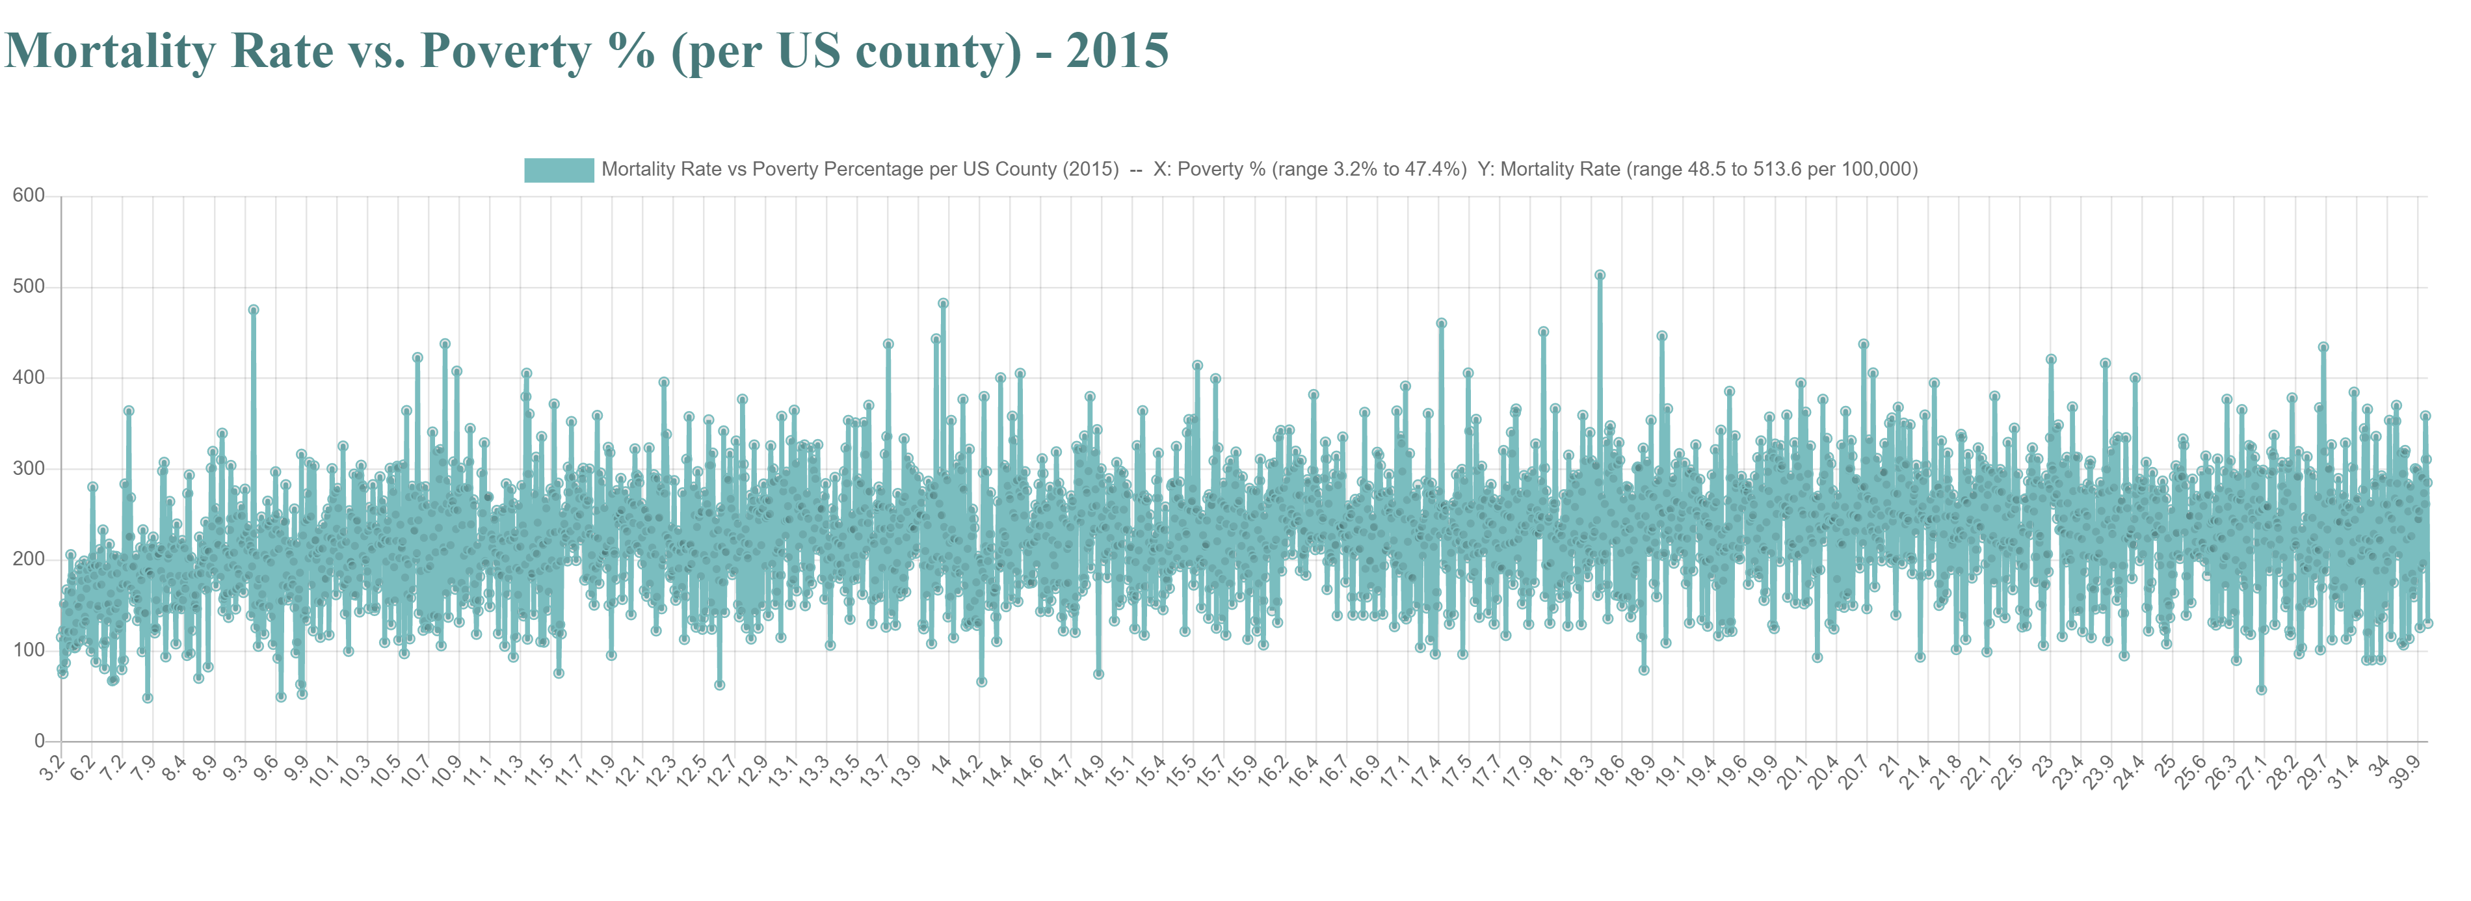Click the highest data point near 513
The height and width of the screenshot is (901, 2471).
point(1599,275)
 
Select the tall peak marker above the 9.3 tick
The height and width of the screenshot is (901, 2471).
point(253,310)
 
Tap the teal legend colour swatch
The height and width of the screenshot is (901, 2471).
point(559,170)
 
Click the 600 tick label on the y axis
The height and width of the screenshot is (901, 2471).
point(29,196)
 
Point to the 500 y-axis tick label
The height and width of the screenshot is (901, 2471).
point(29,287)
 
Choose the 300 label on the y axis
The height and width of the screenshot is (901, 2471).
point(29,468)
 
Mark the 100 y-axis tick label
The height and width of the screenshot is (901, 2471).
point(29,650)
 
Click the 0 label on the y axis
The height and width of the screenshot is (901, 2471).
point(39,741)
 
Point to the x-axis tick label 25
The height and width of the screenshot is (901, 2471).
point(2166,765)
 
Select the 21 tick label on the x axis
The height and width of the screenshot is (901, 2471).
point(1890,765)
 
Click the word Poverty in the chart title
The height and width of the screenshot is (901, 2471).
point(505,50)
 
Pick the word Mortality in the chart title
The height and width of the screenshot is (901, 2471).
point(111,50)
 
